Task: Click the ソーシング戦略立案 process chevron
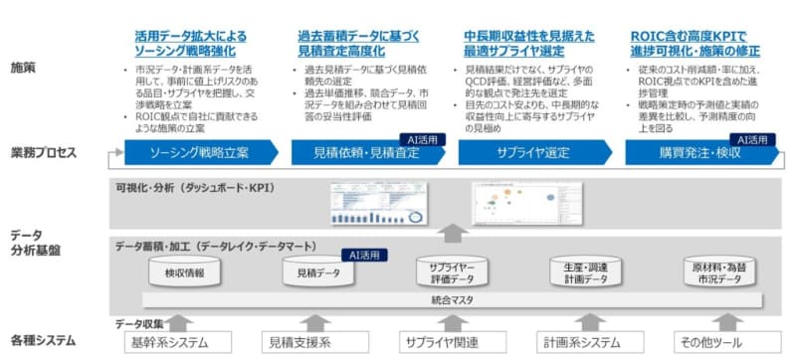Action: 197,155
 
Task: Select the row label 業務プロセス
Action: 46,154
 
